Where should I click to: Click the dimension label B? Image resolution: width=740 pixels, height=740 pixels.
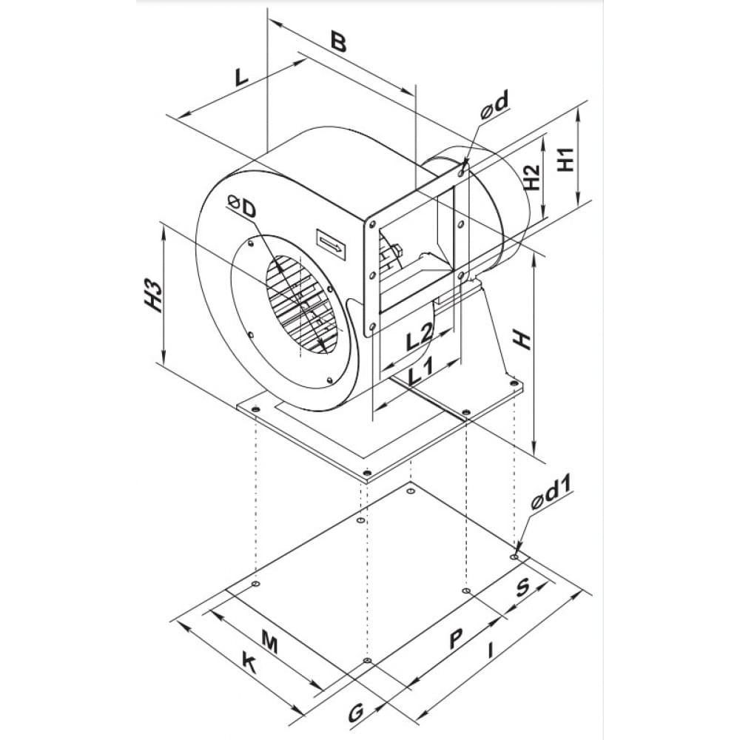coord(337,42)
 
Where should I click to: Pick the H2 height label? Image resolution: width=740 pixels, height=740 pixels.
coord(531,178)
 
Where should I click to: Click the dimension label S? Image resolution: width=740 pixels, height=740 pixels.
coord(522,588)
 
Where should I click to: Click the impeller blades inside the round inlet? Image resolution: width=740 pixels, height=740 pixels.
coord(300,303)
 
